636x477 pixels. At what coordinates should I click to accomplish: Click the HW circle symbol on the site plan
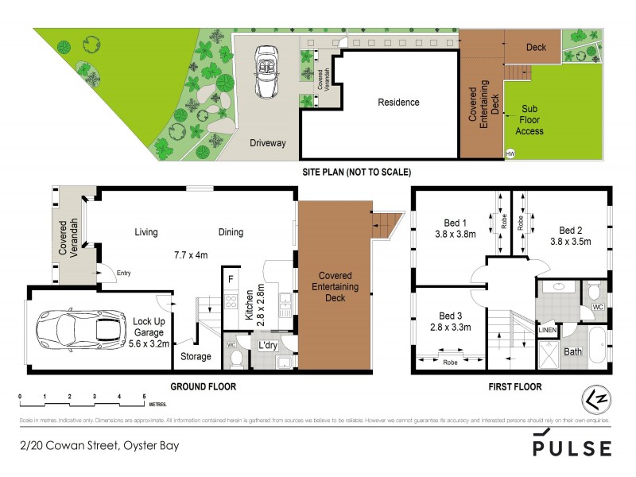pos(510,153)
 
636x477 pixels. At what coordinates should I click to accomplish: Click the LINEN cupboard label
pos(547,329)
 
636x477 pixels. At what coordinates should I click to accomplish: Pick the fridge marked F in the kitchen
pos(231,279)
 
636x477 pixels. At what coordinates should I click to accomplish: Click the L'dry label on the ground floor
pos(267,345)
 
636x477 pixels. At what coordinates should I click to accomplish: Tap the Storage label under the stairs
pos(196,357)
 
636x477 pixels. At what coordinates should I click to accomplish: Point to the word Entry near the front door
pos(123,273)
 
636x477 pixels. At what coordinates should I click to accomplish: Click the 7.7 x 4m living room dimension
pos(191,256)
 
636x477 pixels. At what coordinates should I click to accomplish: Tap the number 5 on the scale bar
pos(144,396)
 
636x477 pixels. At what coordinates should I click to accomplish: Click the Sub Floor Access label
pos(533,119)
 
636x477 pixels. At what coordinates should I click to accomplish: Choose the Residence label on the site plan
pos(398,103)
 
